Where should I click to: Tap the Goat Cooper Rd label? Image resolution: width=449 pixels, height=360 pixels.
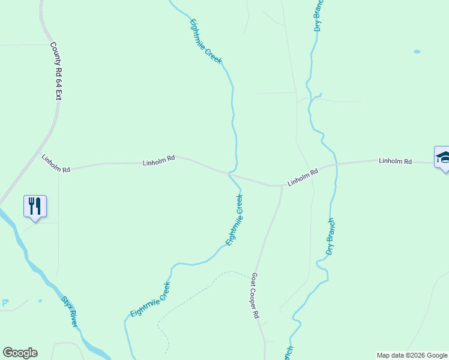point(255,296)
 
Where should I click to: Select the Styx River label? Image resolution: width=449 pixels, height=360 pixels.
point(70,311)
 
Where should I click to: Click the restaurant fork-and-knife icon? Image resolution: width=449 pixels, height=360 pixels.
point(35,206)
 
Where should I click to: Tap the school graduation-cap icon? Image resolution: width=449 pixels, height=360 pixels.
point(443,157)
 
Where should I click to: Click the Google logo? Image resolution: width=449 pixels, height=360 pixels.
point(20,353)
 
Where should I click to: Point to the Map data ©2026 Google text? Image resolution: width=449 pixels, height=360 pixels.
point(412,355)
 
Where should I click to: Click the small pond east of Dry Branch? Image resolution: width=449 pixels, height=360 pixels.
point(417,52)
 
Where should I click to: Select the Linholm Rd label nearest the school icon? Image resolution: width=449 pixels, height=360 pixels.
point(395,161)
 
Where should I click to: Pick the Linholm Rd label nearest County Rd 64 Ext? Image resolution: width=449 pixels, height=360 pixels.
point(56,163)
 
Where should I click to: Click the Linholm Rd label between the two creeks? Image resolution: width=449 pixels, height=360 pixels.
point(302,176)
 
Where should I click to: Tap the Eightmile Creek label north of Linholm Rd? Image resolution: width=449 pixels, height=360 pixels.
point(206,42)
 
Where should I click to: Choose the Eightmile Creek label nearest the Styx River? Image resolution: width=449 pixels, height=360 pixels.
point(150,300)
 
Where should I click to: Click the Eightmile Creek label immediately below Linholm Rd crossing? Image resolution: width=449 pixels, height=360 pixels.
point(234,220)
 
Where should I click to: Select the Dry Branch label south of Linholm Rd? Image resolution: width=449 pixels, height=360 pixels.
point(330,236)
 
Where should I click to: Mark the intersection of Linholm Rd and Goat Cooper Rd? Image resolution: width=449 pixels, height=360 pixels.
point(281,185)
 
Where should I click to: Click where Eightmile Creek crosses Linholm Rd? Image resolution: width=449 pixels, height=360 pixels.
point(229,174)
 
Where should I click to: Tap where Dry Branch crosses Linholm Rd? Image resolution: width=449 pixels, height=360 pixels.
point(336,163)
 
